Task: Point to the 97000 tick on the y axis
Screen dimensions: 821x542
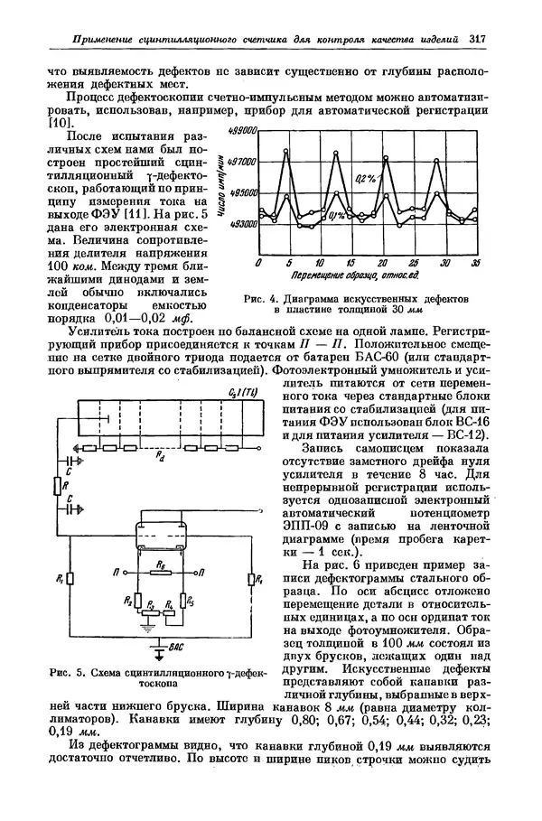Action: (x=243, y=161)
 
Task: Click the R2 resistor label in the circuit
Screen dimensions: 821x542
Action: (x=128, y=600)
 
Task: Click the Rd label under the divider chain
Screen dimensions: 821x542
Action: (x=159, y=459)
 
